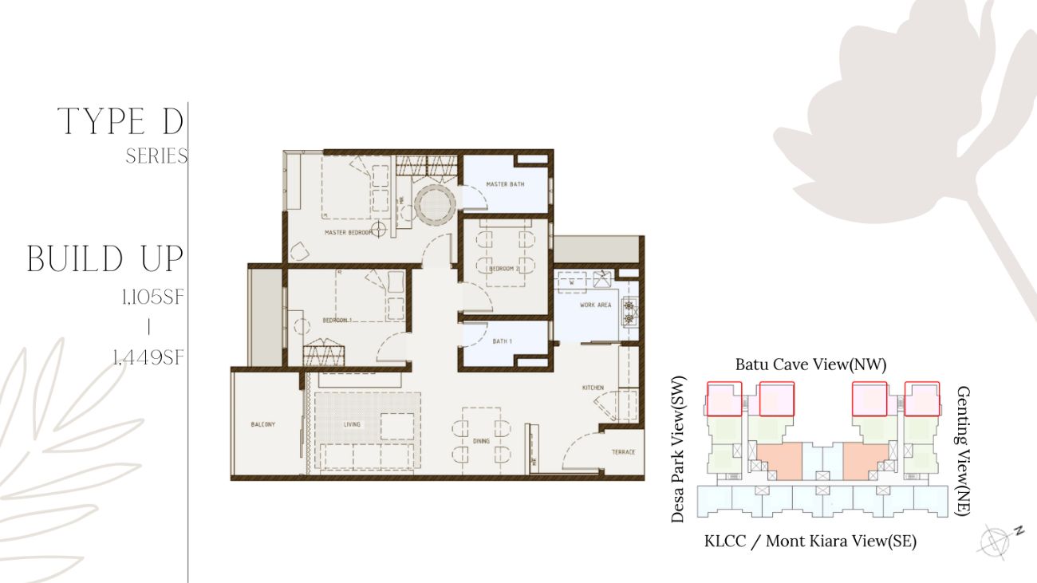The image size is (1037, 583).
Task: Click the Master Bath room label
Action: [x=505, y=184]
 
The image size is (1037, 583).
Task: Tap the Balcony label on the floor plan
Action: [x=263, y=424]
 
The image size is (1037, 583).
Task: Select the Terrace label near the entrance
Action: [x=623, y=452]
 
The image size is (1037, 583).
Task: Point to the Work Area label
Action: [x=595, y=305]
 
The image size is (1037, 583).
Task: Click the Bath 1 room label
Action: [x=503, y=341]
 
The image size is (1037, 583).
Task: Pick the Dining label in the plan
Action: [x=482, y=441]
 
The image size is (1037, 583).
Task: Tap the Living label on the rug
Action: [x=352, y=424]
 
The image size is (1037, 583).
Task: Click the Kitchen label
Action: [x=593, y=388]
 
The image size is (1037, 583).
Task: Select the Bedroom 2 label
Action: [x=504, y=269]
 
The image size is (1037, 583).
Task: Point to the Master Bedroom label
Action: [x=349, y=233]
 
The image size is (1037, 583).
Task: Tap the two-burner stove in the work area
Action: [x=629, y=313]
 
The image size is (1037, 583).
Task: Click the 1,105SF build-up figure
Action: [x=153, y=297]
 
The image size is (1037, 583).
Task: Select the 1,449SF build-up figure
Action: [x=148, y=357]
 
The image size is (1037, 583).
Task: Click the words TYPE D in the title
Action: [x=120, y=121]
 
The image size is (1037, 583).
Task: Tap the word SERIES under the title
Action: [x=156, y=156]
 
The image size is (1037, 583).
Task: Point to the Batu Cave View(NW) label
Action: [x=810, y=365]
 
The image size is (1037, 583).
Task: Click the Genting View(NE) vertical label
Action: [x=963, y=451]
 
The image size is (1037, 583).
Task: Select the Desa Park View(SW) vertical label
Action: [x=678, y=449]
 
